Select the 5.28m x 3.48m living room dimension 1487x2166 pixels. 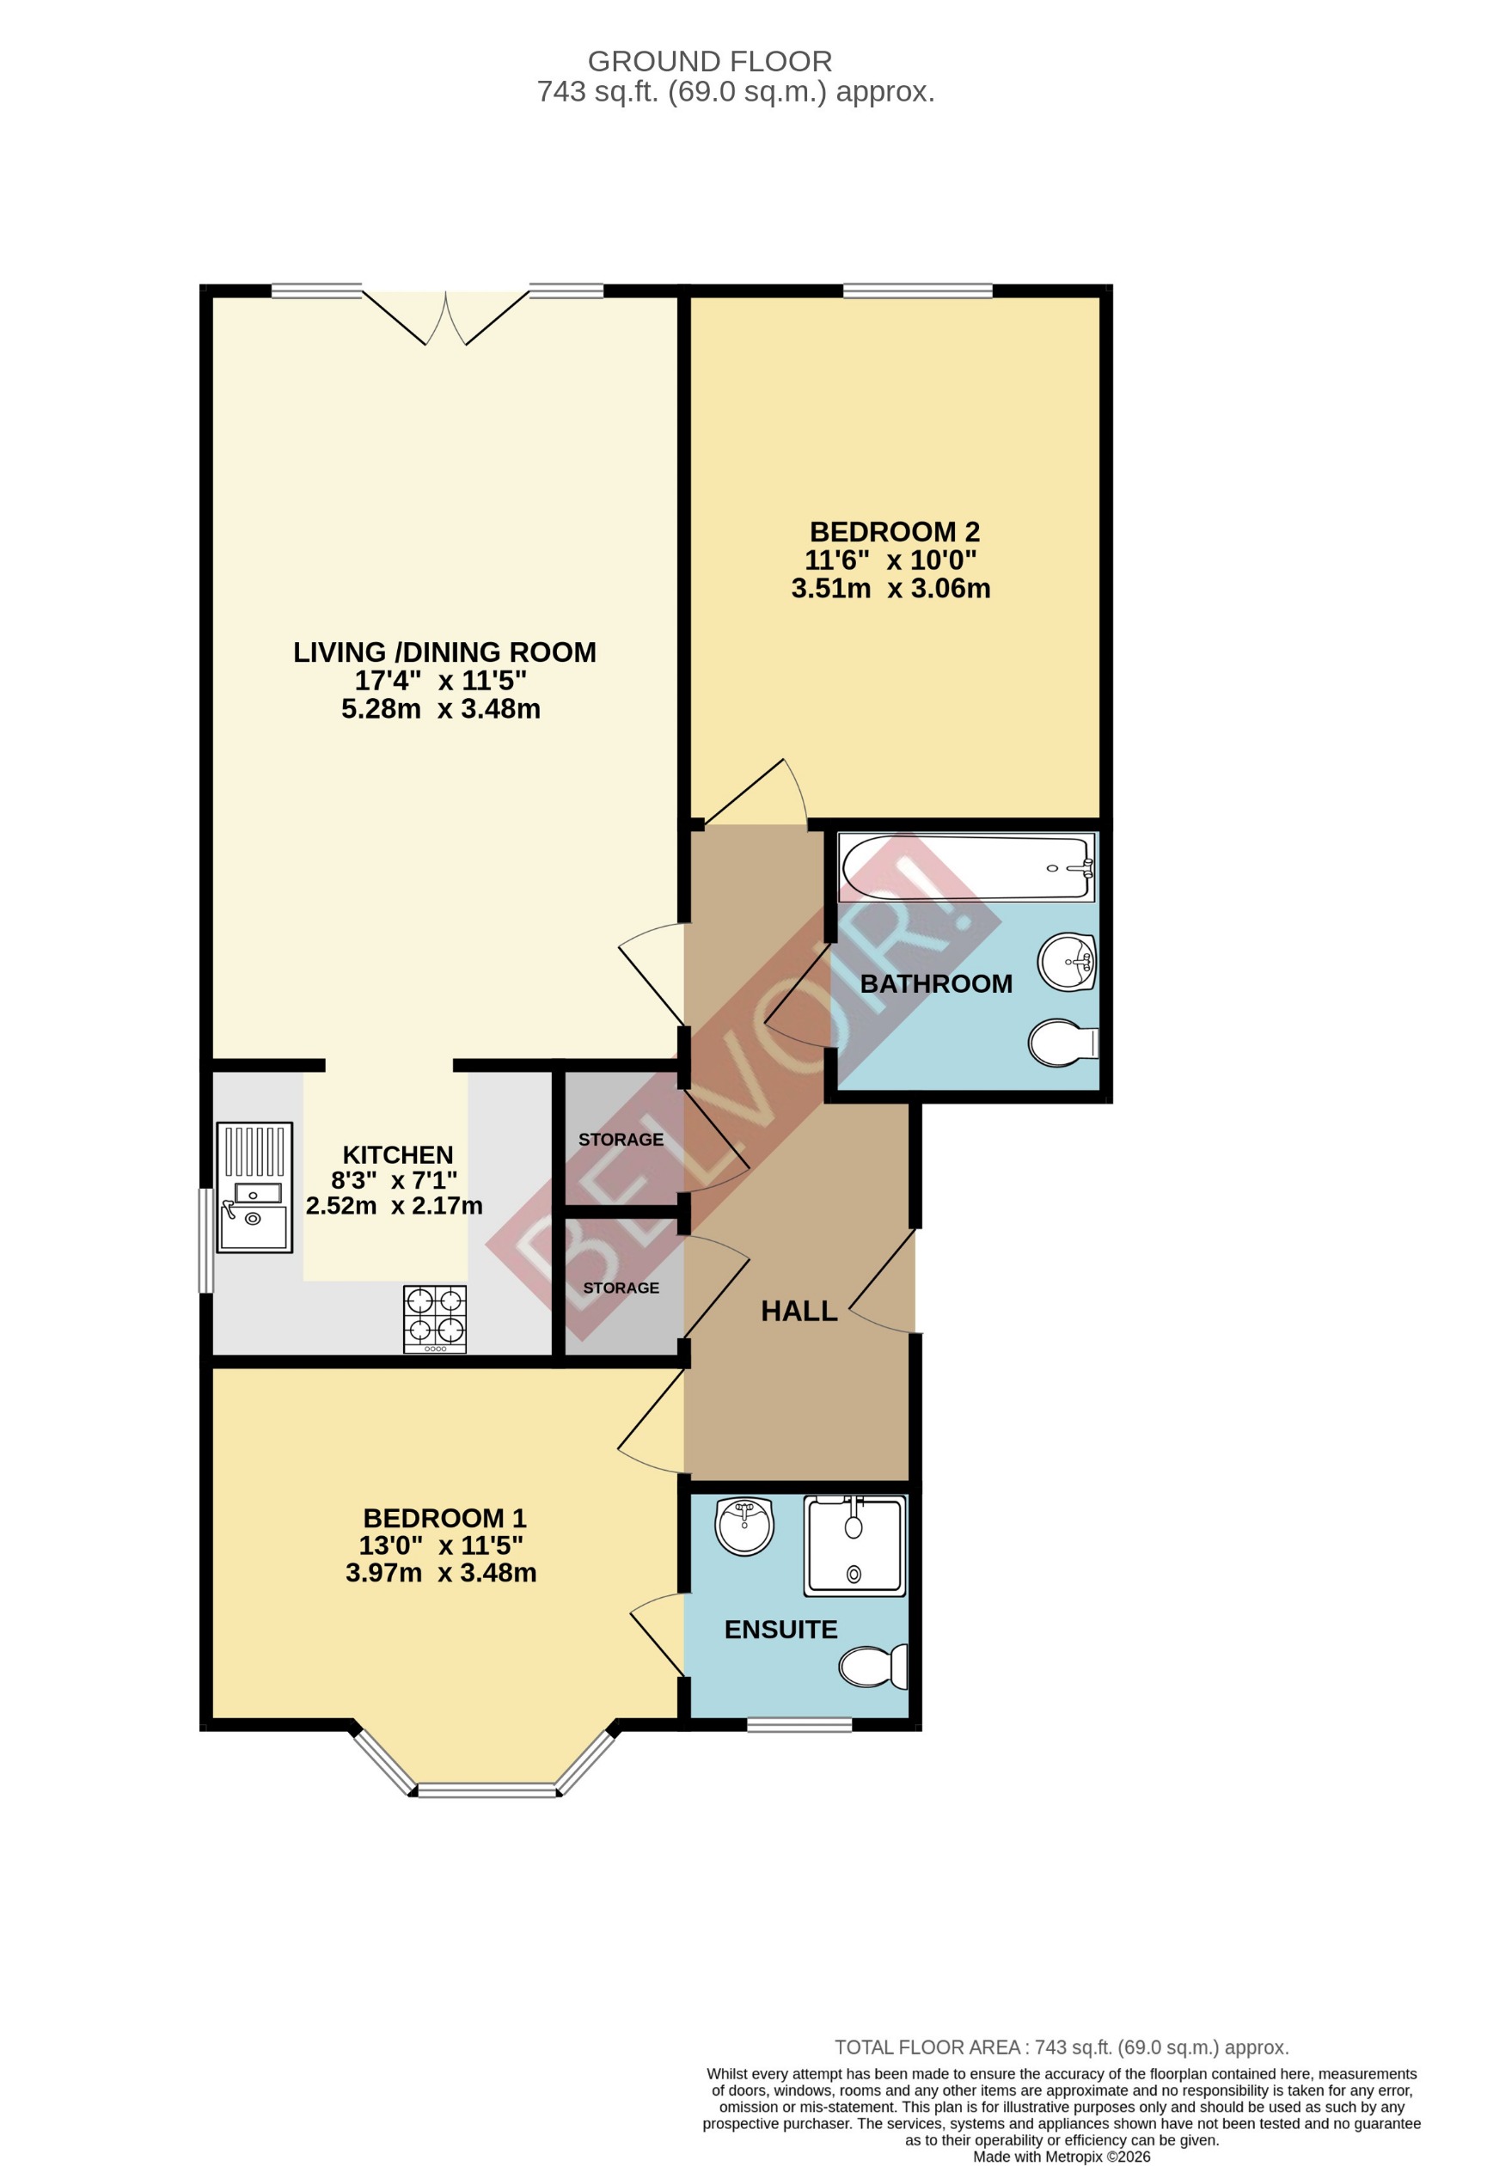440,708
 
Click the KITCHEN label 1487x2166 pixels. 397,1154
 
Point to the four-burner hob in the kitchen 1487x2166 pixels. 434,1319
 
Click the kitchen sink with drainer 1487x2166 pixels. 254,1186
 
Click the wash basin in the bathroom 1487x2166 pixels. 1068,961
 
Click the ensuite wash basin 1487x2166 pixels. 744,1526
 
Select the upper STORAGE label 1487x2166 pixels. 621,1139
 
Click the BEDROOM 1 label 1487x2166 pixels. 444,1518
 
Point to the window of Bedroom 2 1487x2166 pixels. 917,291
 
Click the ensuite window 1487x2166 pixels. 799,1725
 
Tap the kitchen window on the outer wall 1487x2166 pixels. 206,1239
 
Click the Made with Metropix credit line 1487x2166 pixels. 1061,2156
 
